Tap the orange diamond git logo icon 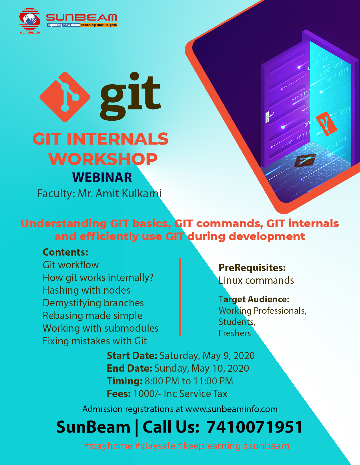pos(65,97)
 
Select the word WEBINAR pos(102,177)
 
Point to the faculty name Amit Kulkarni pos(129,193)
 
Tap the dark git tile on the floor pos(305,160)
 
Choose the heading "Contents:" pos(66,252)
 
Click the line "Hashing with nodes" pos(86,290)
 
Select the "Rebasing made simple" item pos(92,315)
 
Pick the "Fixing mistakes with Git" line pos(95,341)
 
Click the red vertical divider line pos(180,296)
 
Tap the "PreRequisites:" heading pos(252,268)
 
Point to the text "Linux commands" pos(256,280)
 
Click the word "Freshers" pos(235,333)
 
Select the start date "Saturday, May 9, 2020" pos(207,356)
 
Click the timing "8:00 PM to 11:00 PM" pos(189,381)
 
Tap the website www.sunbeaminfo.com pos(231,409)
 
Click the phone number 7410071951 pos(255,427)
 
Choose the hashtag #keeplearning pos(209,446)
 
